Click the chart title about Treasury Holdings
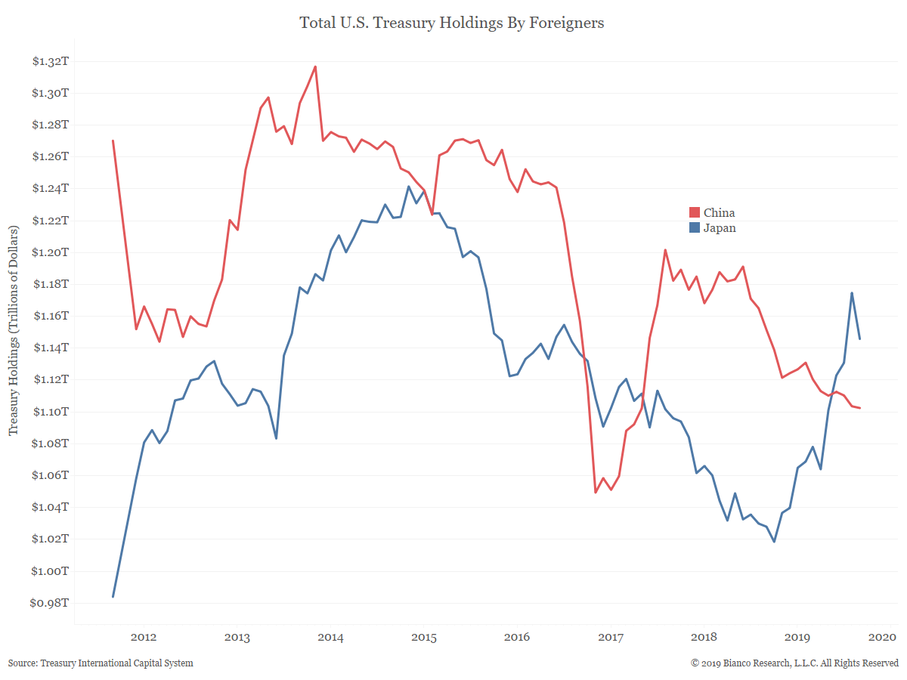(x=452, y=23)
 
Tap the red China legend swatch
(x=694, y=213)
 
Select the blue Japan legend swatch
(x=694, y=228)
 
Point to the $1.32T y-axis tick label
(x=49, y=61)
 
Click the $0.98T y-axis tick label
(x=49, y=603)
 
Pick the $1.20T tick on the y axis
(x=49, y=252)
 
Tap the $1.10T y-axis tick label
(x=49, y=412)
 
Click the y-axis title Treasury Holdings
(x=14, y=329)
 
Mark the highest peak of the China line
(x=315, y=66)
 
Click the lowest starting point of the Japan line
(x=113, y=597)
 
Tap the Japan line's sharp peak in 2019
(x=852, y=293)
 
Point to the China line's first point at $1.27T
(x=113, y=141)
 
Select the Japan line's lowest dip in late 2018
(x=774, y=542)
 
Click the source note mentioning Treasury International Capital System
(x=101, y=663)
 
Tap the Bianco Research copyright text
(x=794, y=663)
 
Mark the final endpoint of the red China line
(x=860, y=408)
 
